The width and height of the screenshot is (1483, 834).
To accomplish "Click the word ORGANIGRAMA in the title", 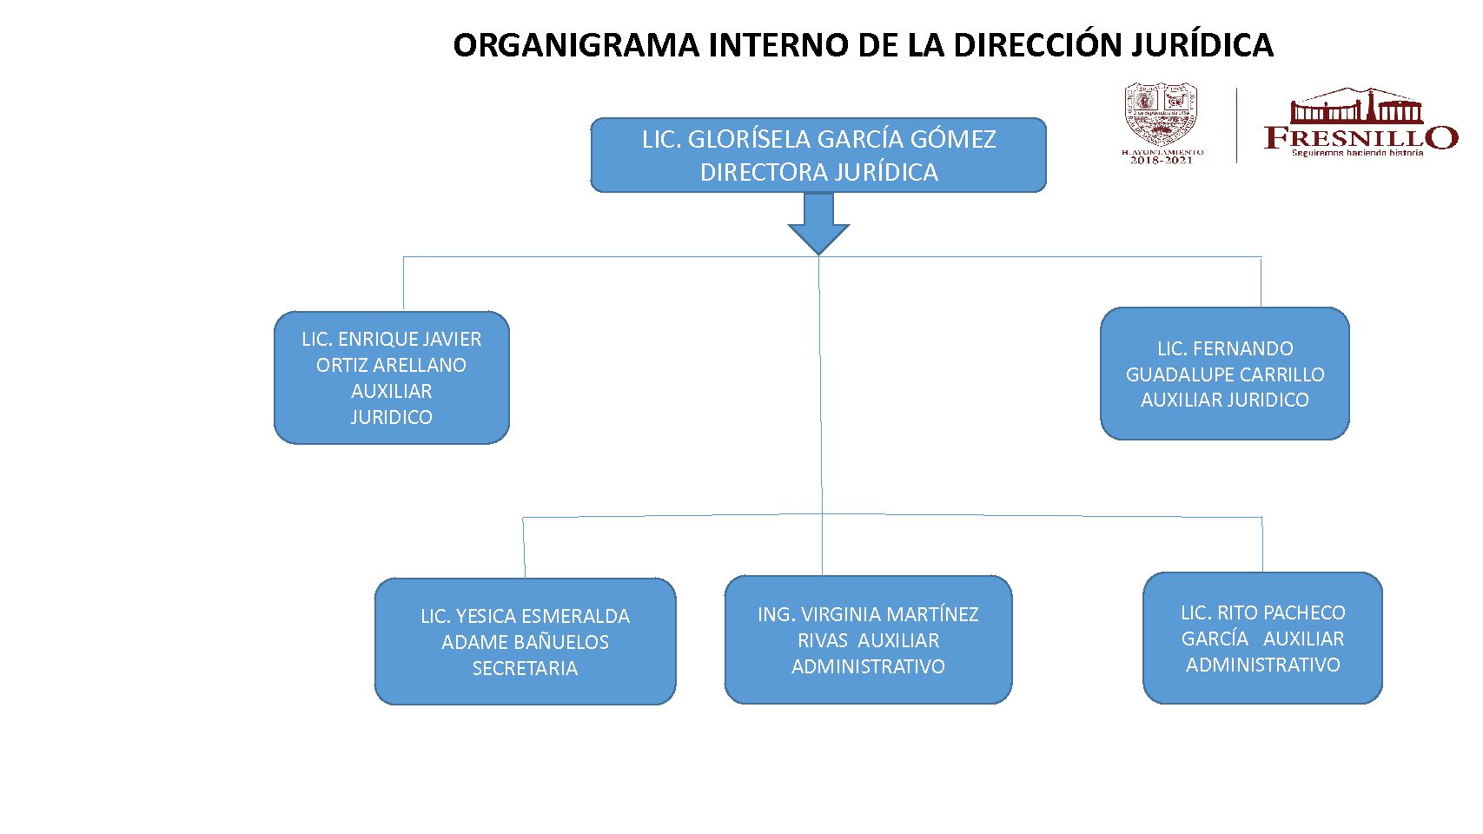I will (x=575, y=45).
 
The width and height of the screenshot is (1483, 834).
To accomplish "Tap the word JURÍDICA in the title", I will (x=1202, y=45).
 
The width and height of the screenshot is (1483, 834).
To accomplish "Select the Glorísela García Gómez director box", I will (x=818, y=156).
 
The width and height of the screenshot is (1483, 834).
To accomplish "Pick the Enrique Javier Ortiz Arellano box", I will (x=391, y=378).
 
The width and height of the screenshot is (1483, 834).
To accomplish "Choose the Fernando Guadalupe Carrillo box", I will (x=1224, y=374).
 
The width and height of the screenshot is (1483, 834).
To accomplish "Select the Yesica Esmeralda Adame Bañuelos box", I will (x=525, y=641).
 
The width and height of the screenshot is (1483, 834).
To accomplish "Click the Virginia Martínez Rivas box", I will (x=868, y=639).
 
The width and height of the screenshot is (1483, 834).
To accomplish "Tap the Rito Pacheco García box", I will (x=1262, y=638).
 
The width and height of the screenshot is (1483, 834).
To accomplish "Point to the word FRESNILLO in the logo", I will (x=1360, y=137).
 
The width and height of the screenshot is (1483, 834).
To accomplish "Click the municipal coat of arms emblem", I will (x=1161, y=115).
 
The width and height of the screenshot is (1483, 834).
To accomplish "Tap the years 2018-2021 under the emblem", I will (x=1161, y=160).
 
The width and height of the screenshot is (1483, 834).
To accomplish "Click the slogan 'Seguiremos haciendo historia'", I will (x=1357, y=153).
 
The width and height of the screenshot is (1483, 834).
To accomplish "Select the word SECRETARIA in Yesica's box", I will (x=525, y=668).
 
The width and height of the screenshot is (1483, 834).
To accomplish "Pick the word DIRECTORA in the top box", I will (x=752, y=172).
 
